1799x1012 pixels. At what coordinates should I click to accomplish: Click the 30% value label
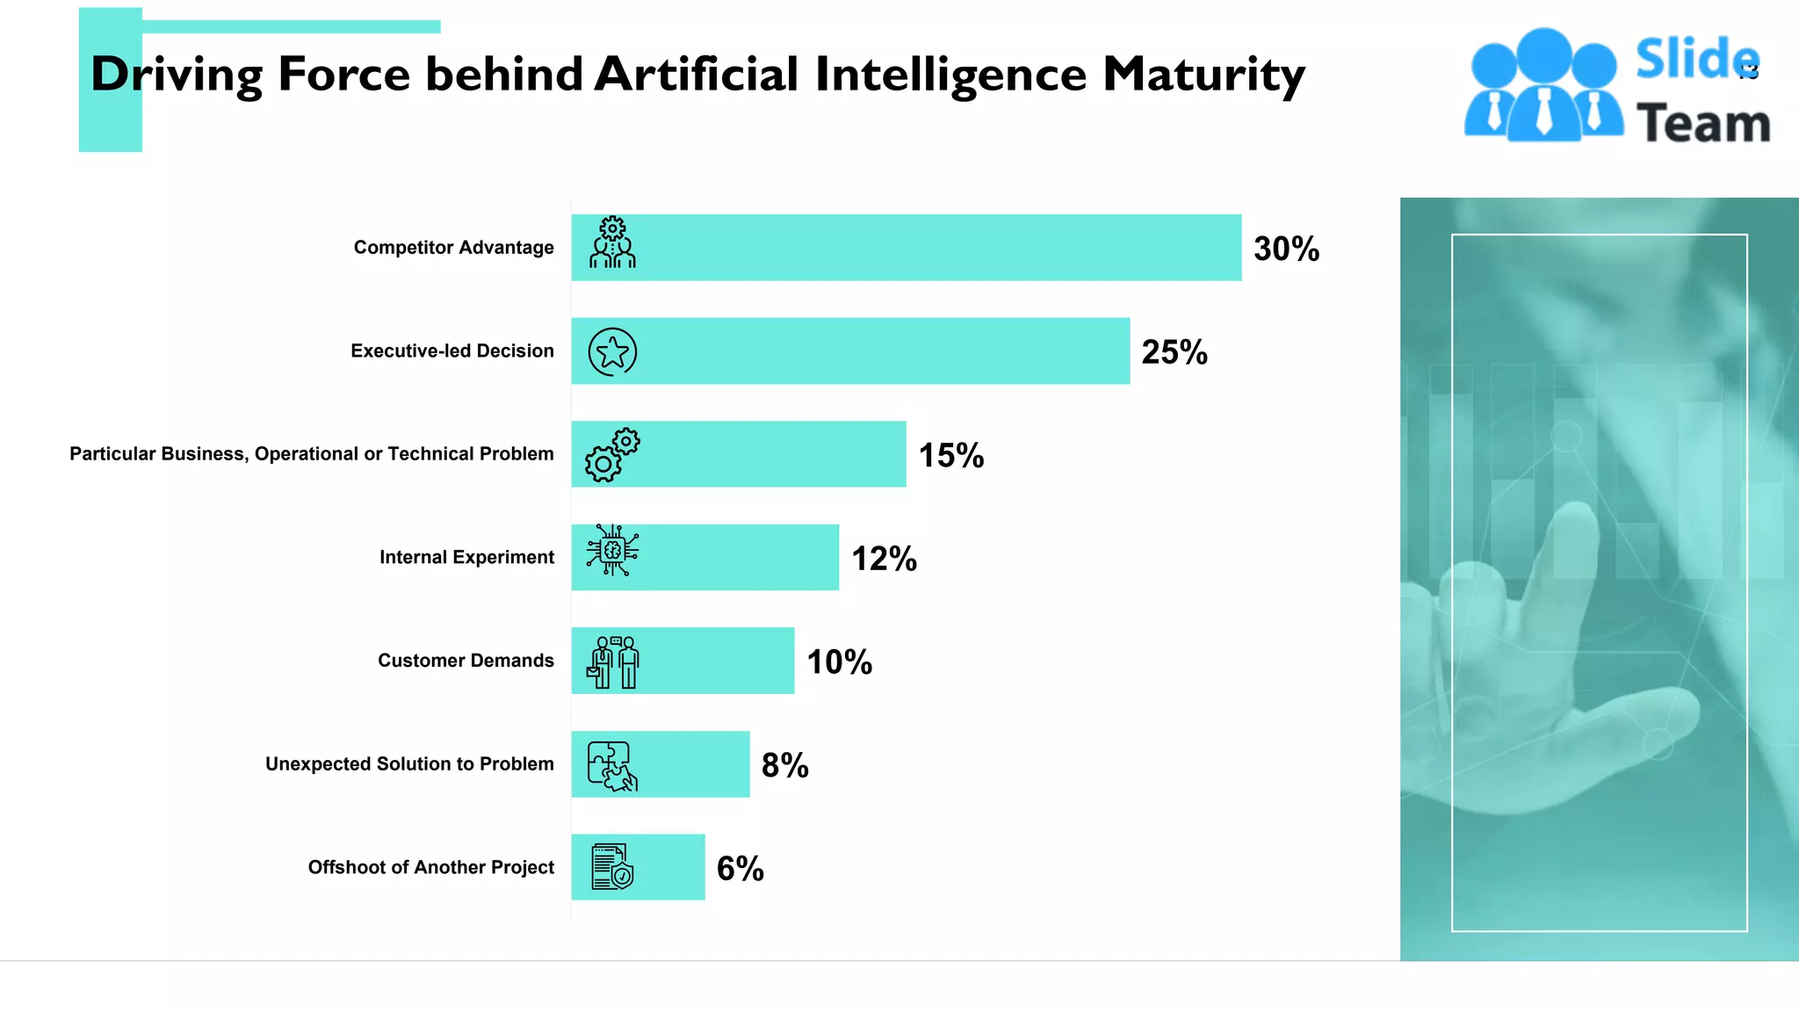pos(1286,249)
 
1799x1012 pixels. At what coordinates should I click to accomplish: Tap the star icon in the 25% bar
pos(612,352)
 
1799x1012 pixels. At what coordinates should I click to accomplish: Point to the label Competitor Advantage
pos(453,248)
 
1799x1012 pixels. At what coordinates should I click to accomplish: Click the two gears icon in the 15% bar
pos(612,454)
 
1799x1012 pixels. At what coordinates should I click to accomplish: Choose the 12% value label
pos(884,559)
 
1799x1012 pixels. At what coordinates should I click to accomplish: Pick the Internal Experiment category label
pos(466,557)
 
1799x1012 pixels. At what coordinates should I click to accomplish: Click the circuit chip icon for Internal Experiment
pos(612,550)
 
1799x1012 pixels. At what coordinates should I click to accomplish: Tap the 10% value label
pos(839,662)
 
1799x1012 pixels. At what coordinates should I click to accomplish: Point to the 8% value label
pos(784,765)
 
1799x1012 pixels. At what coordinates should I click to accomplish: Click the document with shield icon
pos(612,867)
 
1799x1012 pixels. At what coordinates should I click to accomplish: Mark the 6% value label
pos(740,869)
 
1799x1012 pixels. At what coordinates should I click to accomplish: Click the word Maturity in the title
pos(1203,75)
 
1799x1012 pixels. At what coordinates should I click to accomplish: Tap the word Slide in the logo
pos(1696,59)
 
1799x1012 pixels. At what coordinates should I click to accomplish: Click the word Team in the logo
pos(1703,123)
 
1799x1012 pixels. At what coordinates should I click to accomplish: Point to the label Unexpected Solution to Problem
pos(409,764)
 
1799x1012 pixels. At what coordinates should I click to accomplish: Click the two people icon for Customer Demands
pos(612,662)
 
